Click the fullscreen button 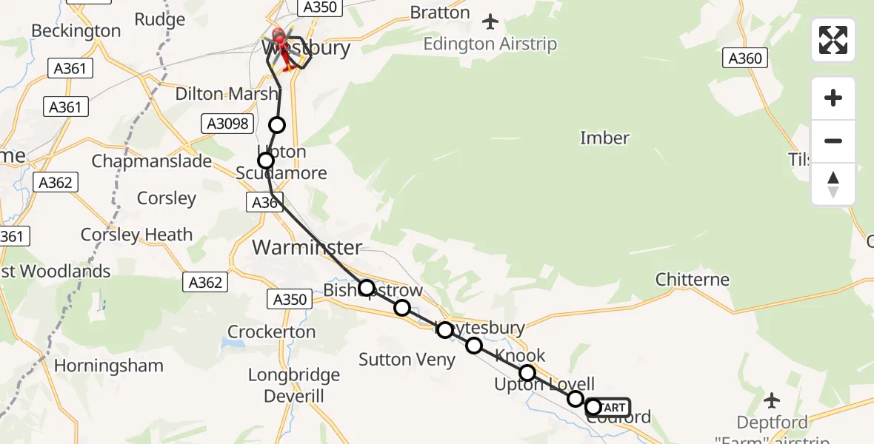pyautogui.click(x=833, y=40)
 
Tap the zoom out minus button pyautogui.click(x=833, y=141)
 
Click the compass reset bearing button pyautogui.click(x=833, y=184)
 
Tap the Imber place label pyautogui.click(x=604, y=138)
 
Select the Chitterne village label pyautogui.click(x=692, y=280)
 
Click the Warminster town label pyautogui.click(x=307, y=247)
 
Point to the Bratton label pyautogui.click(x=440, y=13)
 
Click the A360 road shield pyautogui.click(x=745, y=58)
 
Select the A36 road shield pyautogui.click(x=266, y=203)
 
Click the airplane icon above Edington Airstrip pyautogui.click(x=490, y=21)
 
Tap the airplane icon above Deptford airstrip pyautogui.click(x=771, y=401)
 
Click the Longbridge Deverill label pyautogui.click(x=294, y=386)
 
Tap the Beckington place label pyautogui.click(x=76, y=31)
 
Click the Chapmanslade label pyautogui.click(x=152, y=161)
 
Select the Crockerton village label pyautogui.click(x=271, y=332)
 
